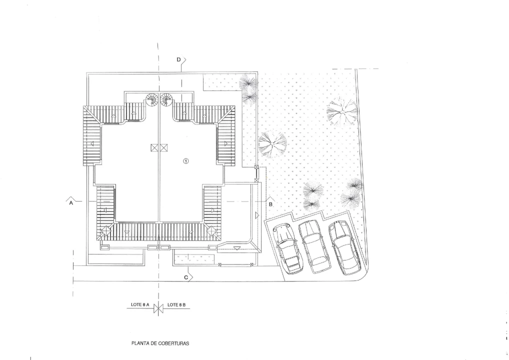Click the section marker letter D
pos(178,59)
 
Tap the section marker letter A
pos(71,203)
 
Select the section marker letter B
pos(270,204)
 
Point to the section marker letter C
pos(186,277)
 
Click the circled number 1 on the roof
pos(186,161)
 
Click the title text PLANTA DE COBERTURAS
pos(160,343)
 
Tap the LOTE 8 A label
pos(140,305)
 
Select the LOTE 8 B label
pos(176,305)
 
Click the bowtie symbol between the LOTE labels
pos(158,308)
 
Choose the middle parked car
pos(314,246)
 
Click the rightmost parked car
pos(344,247)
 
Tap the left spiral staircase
pos(151,99)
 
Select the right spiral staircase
pos(166,99)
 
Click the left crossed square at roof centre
pos(154,148)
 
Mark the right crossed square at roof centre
pos(163,148)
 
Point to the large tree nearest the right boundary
pos(342,111)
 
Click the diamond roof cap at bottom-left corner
pos(106,231)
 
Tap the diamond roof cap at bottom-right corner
pos(211,231)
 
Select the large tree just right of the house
pos(272,144)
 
